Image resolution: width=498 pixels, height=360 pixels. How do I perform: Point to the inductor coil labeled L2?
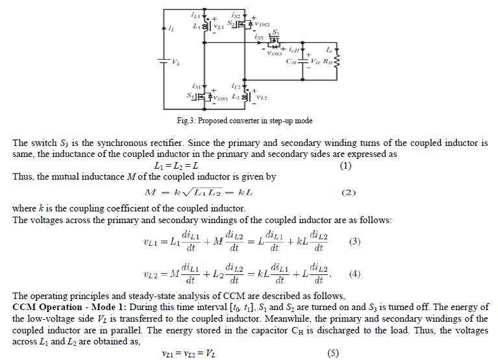(245, 97)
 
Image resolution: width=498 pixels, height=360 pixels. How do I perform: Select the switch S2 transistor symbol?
(242, 24)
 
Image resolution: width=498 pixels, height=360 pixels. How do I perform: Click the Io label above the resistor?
(329, 49)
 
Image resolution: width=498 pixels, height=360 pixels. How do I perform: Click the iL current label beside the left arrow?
(171, 29)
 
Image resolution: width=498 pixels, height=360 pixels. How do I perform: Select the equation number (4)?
(354, 273)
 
